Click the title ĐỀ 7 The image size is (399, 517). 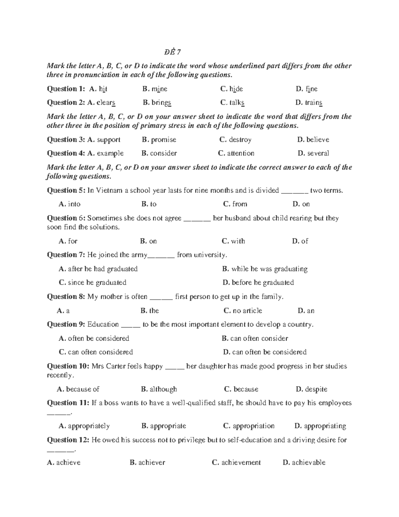(172, 52)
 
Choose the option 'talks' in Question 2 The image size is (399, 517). (237, 103)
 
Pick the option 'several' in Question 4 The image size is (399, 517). (318, 153)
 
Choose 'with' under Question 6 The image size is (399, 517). (238, 241)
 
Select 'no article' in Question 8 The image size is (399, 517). (247, 311)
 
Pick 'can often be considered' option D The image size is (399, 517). (269, 352)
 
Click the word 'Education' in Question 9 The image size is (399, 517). (103, 325)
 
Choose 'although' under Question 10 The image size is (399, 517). (163, 389)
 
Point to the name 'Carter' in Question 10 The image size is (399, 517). (115, 366)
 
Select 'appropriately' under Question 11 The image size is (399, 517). (88, 426)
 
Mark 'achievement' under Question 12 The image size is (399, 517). (241, 463)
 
